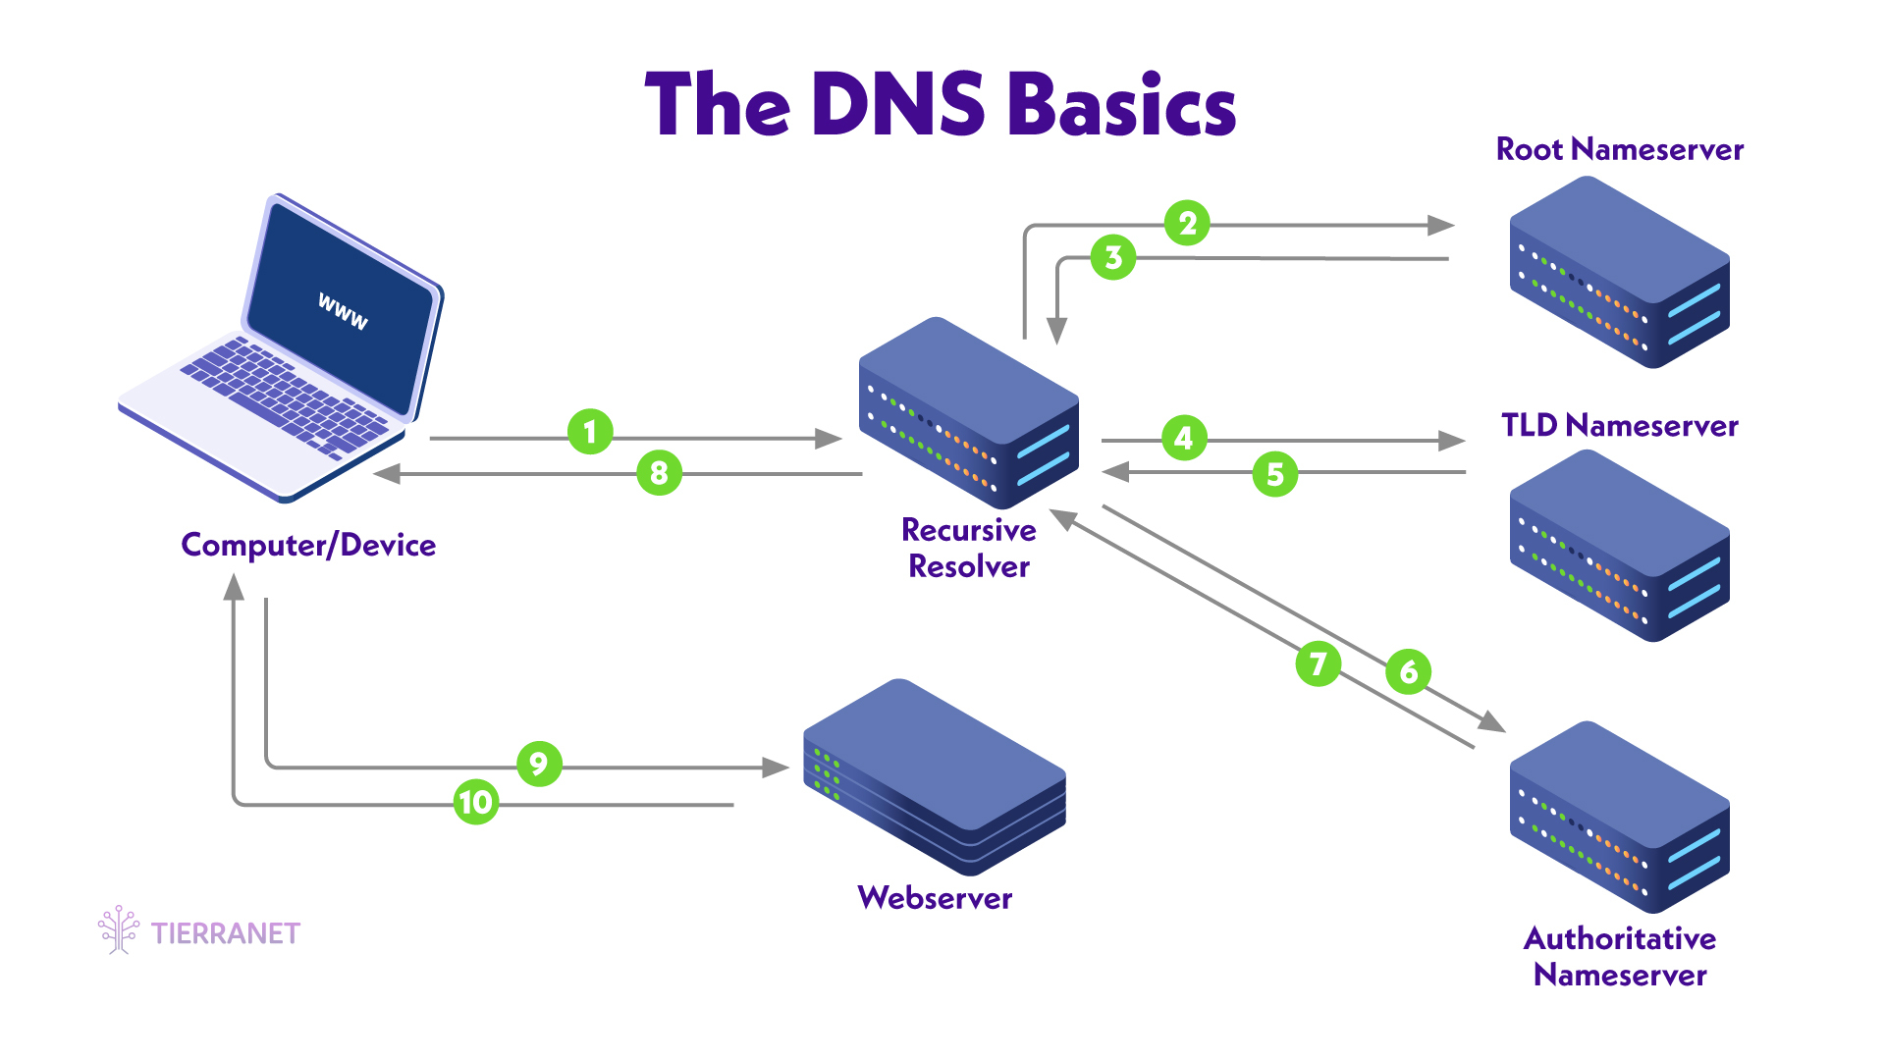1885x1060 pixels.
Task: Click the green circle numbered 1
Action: click(x=590, y=432)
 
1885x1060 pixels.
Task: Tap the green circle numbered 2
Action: click(x=1187, y=224)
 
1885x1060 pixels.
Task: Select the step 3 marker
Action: click(x=1113, y=257)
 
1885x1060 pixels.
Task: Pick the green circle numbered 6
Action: click(x=1408, y=671)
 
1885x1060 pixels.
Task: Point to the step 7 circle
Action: click(x=1318, y=664)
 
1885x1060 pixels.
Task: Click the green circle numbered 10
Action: click(x=476, y=802)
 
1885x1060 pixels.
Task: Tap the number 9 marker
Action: click(x=538, y=764)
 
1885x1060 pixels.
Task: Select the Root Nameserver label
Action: click(x=1619, y=149)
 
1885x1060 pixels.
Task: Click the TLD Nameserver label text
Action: click(x=1619, y=425)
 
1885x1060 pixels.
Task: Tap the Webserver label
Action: click(x=935, y=897)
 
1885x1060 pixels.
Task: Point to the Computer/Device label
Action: click(x=308, y=545)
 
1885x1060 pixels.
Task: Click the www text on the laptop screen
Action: click(x=343, y=311)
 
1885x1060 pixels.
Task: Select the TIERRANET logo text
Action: click(x=225, y=932)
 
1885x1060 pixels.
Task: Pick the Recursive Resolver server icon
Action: click(x=969, y=412)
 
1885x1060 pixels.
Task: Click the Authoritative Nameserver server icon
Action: click(x=1619, y=817)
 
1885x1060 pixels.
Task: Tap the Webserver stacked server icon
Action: click(x=935, y=775)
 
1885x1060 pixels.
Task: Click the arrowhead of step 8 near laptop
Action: click(x=387, y=474)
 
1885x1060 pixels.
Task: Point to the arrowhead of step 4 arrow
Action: click(x=1451, y=441)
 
